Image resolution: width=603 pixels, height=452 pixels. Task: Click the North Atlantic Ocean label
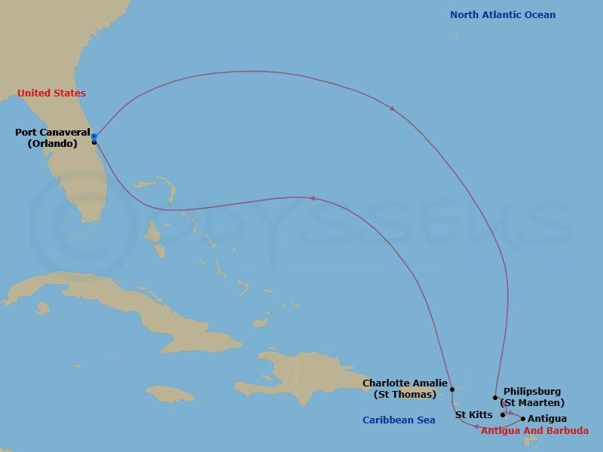click(x=503, y=15)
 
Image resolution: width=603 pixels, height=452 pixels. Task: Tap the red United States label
click(x=51, y=93)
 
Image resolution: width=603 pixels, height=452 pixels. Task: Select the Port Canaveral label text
click(x=52, y=133)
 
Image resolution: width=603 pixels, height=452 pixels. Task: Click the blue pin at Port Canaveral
click(x=94, y=136)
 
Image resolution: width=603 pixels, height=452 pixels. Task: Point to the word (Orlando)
click(x=53, y=144)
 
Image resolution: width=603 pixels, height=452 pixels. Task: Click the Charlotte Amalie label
click(x=405, y=383)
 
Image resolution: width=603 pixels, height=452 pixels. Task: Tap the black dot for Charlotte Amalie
click(x=452, y=390)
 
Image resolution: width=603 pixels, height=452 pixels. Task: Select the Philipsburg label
click(x=532, y=392)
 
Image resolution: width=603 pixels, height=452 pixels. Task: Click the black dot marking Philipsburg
click(x=495, y=398)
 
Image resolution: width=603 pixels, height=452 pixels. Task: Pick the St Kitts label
click(x=474, y=415)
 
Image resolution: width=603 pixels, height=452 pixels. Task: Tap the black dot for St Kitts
click(x=503, y=414)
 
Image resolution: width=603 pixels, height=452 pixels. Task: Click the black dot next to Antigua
click(x=523, y=419)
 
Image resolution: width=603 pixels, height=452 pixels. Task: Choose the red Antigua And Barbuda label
click(x=534, y=431)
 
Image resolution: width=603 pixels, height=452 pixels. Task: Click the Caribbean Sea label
click(x=399, y=420)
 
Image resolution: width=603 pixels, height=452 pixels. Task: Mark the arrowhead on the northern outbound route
click(x=393, y=109)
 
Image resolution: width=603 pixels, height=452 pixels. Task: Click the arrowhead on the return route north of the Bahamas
click(x=311, y=199)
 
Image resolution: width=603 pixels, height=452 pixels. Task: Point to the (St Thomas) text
click(x=405, y=395)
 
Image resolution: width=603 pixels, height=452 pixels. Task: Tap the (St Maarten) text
click(x=534, y=403)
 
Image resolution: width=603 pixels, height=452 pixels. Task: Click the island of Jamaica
click(x=170, y=394)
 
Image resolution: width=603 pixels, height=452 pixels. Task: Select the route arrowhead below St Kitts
click(x=476, y=427)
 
